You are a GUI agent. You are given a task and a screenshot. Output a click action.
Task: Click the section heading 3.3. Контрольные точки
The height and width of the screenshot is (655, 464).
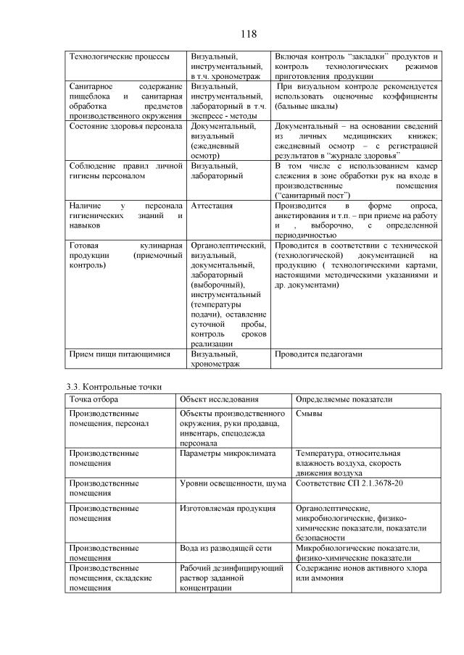point(109,386)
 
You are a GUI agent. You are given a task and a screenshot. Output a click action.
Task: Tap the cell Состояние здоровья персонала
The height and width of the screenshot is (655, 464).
point(121,126)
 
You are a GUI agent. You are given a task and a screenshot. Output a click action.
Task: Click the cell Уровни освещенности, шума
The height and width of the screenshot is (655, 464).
point(233,482)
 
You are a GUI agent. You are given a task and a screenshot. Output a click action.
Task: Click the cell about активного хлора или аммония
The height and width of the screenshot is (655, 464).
point(357,573)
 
